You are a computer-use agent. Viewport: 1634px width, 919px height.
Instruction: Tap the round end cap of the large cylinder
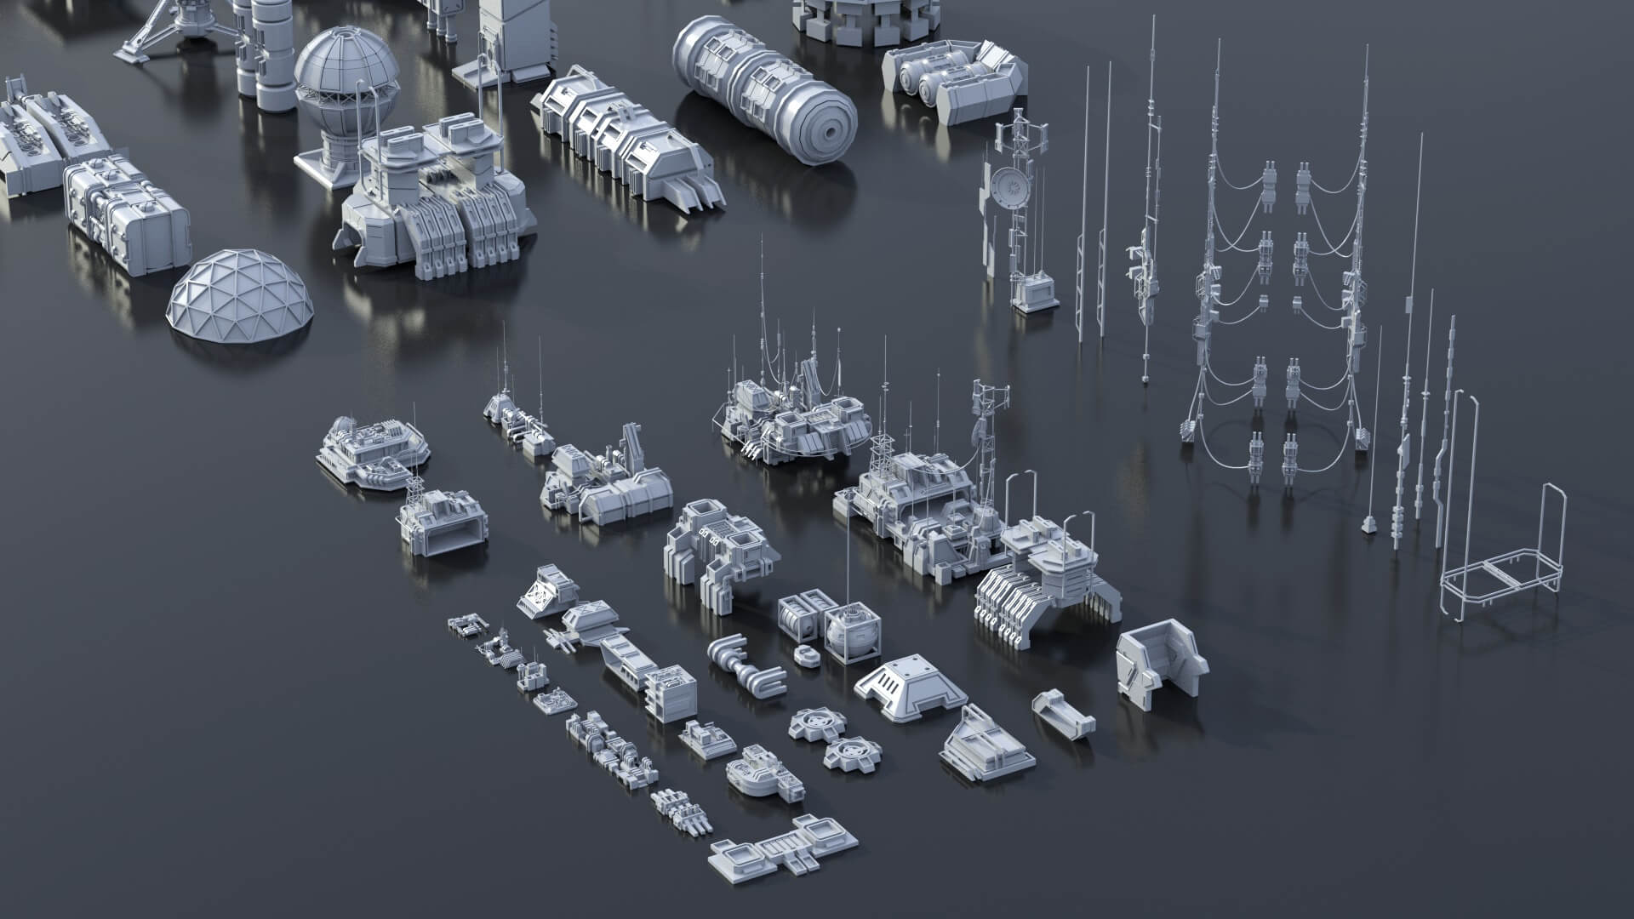tap(826, 128)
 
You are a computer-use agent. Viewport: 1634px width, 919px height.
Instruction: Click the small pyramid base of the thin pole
tap(1368, 523)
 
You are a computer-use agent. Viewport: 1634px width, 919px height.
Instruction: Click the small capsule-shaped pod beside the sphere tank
tap(804, 654)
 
